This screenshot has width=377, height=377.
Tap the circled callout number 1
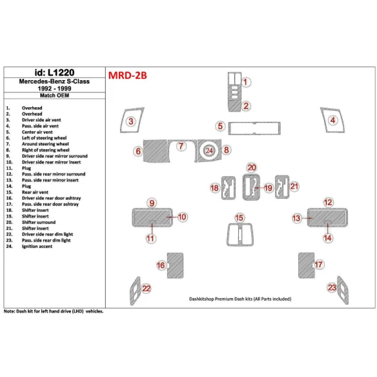(x=247, y=82)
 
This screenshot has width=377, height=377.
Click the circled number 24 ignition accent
(x=209, y=150)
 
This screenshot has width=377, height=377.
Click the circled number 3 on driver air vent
(x=130, y=121)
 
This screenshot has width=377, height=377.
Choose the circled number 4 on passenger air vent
(x=332, y=121)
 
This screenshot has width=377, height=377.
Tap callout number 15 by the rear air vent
(x=239, y=218)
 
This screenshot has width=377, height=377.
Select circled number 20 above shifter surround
(x=251, y=167)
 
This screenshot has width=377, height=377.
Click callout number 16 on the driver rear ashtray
(x=160, y=265)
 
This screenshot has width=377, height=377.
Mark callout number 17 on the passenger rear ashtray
(x=318, y=265)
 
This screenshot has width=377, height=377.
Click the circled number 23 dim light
(x=332, y=287)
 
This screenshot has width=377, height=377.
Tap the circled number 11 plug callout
(x=150, y=239)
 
